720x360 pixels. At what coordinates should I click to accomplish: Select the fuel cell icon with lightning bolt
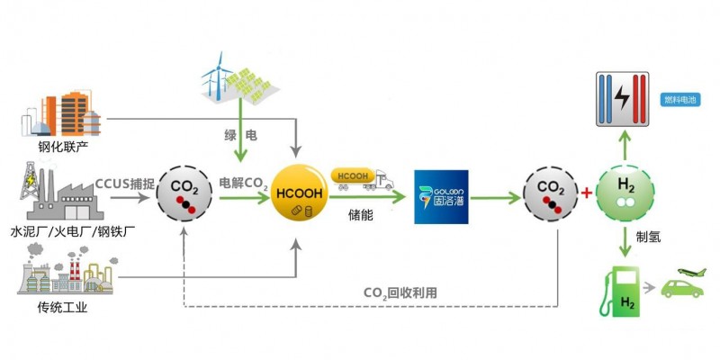click(x=622, y=100)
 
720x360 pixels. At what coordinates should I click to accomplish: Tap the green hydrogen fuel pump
click(x=616, y=290)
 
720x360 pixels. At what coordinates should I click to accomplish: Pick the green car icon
click(x=683, y=289)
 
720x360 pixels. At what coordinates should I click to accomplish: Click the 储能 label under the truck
click(x=362, y=215)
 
